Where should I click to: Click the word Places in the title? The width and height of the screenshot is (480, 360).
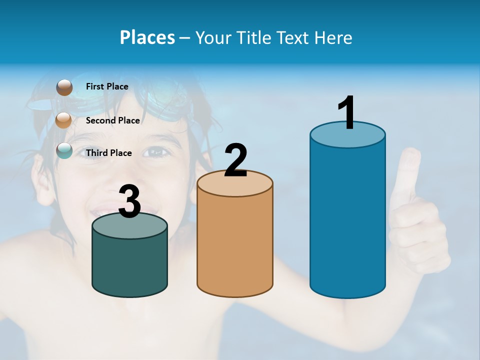(147, 37)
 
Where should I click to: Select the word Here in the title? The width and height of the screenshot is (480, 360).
(333, 37)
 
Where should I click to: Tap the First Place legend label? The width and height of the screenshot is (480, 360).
(107, 86)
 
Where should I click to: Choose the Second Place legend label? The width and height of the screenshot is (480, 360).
(112, 120)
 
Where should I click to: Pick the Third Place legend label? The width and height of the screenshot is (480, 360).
(108, 153)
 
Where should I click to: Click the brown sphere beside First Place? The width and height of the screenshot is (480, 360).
(64, 87)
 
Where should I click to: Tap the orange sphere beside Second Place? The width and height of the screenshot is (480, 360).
(64, 120)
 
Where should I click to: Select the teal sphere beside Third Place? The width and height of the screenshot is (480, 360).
(64, 150)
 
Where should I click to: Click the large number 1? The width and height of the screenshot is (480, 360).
(346, 113)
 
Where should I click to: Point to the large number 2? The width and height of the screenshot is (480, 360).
(235, 160)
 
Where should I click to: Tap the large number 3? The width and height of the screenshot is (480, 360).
(129, 201)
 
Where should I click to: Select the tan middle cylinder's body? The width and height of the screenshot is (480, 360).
(234, 245)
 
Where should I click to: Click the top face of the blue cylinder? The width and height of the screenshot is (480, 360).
(347, 137)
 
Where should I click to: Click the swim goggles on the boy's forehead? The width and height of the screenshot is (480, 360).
(165, 102)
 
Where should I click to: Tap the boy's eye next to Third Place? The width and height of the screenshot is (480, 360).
(156, 151)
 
